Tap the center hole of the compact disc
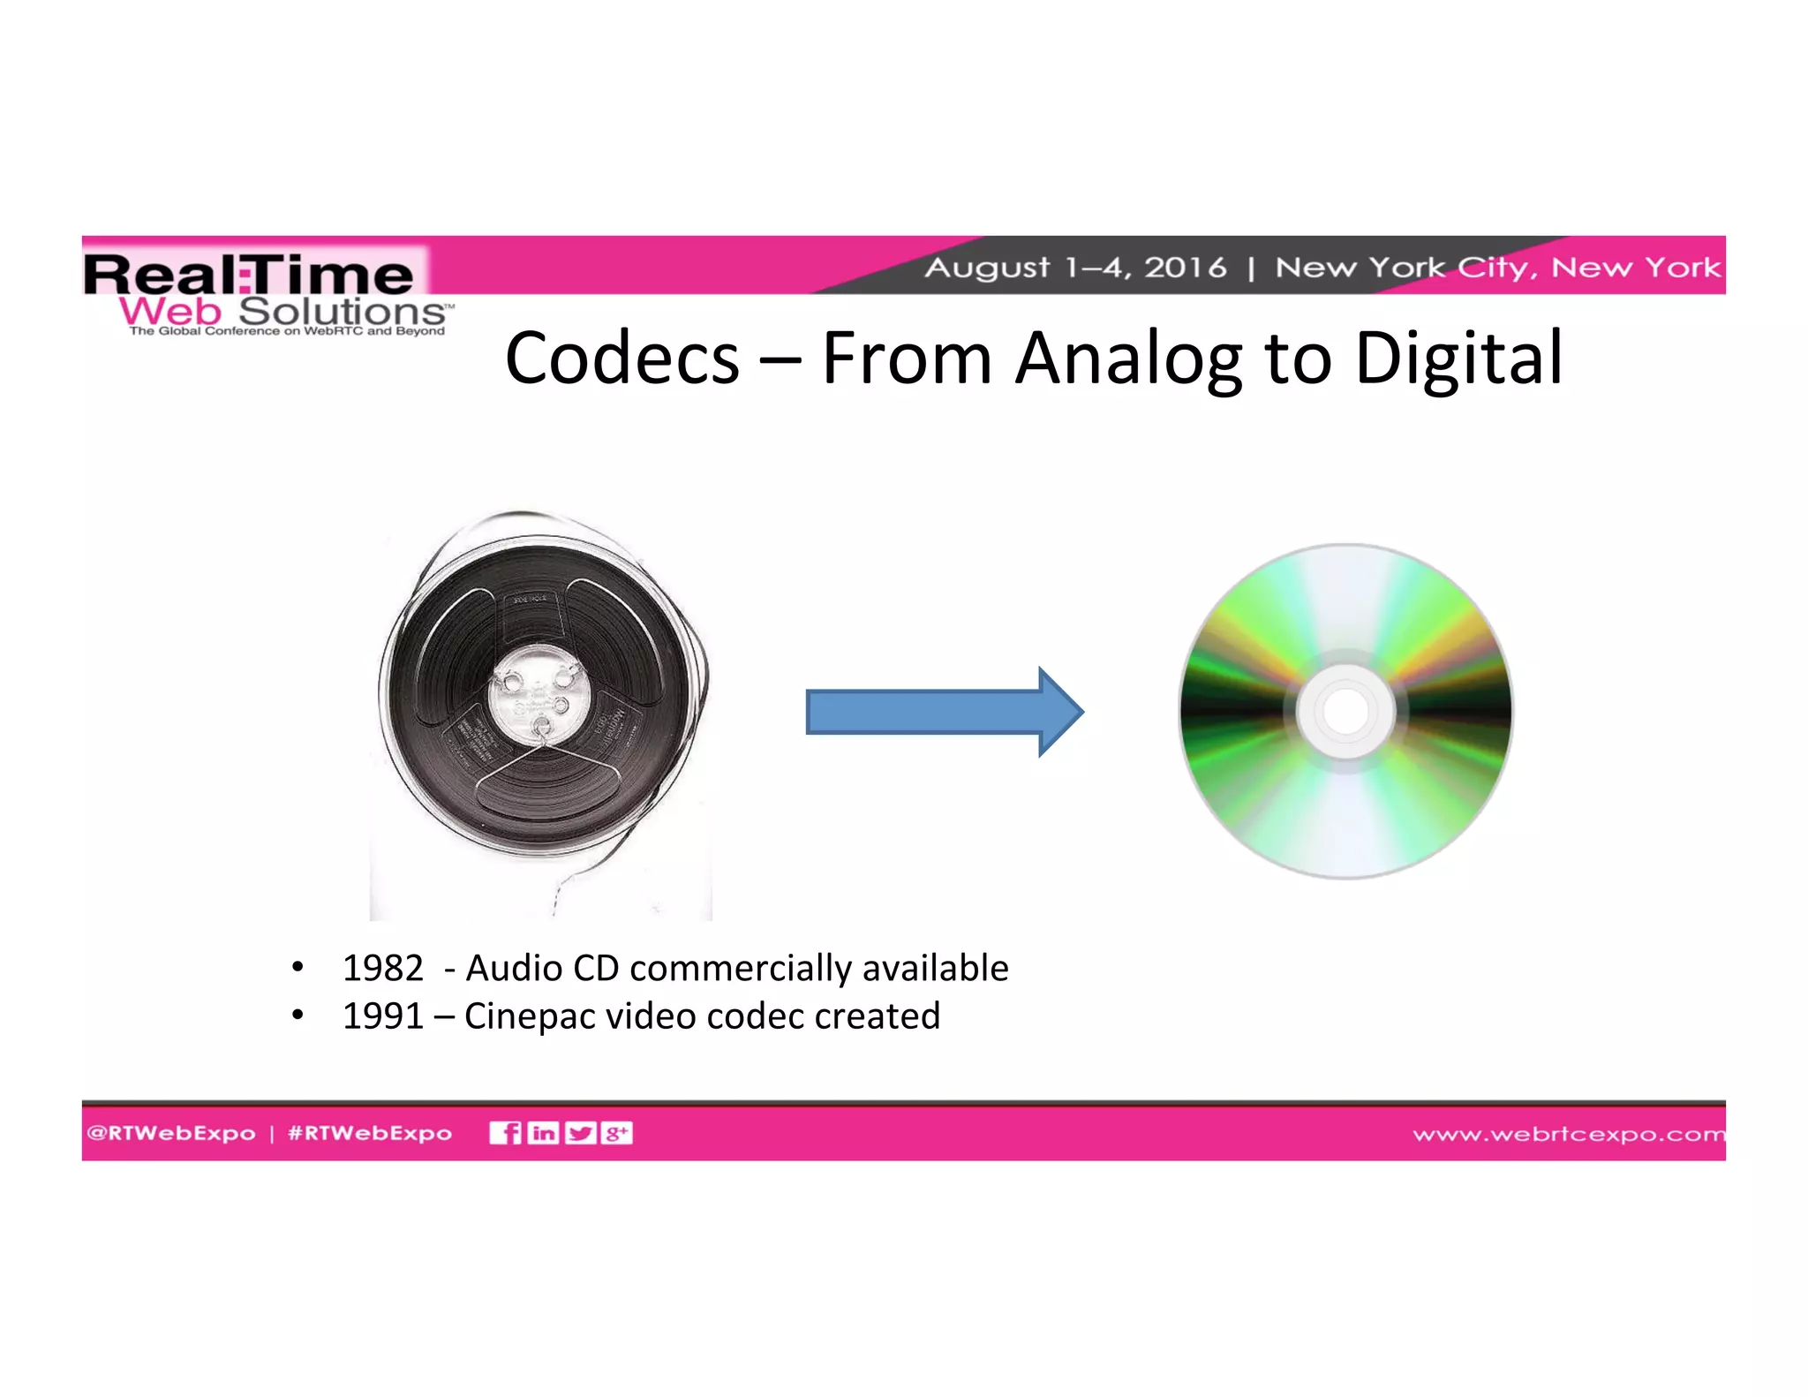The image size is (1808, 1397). (1345, 711)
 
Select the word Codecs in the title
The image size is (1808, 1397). (621, 358)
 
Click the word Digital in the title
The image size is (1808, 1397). (1458, 358)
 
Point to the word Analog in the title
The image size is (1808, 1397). (1127, 358)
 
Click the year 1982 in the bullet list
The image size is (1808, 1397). (382, 968)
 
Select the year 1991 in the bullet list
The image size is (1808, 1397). (382, 1016)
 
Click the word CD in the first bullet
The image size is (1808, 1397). (596, 968)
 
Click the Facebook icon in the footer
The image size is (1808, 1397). (506, 1133)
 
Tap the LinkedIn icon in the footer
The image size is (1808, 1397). (543, 1133)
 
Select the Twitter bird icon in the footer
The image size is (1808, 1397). (580, 1133)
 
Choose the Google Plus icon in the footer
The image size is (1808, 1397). (616, 1133)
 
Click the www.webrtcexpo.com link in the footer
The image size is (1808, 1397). (1568, 1134)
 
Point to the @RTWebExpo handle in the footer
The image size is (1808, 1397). (171, 1133)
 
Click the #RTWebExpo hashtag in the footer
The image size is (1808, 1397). (370, 1133)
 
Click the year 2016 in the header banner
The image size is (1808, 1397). (1185, 267)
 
